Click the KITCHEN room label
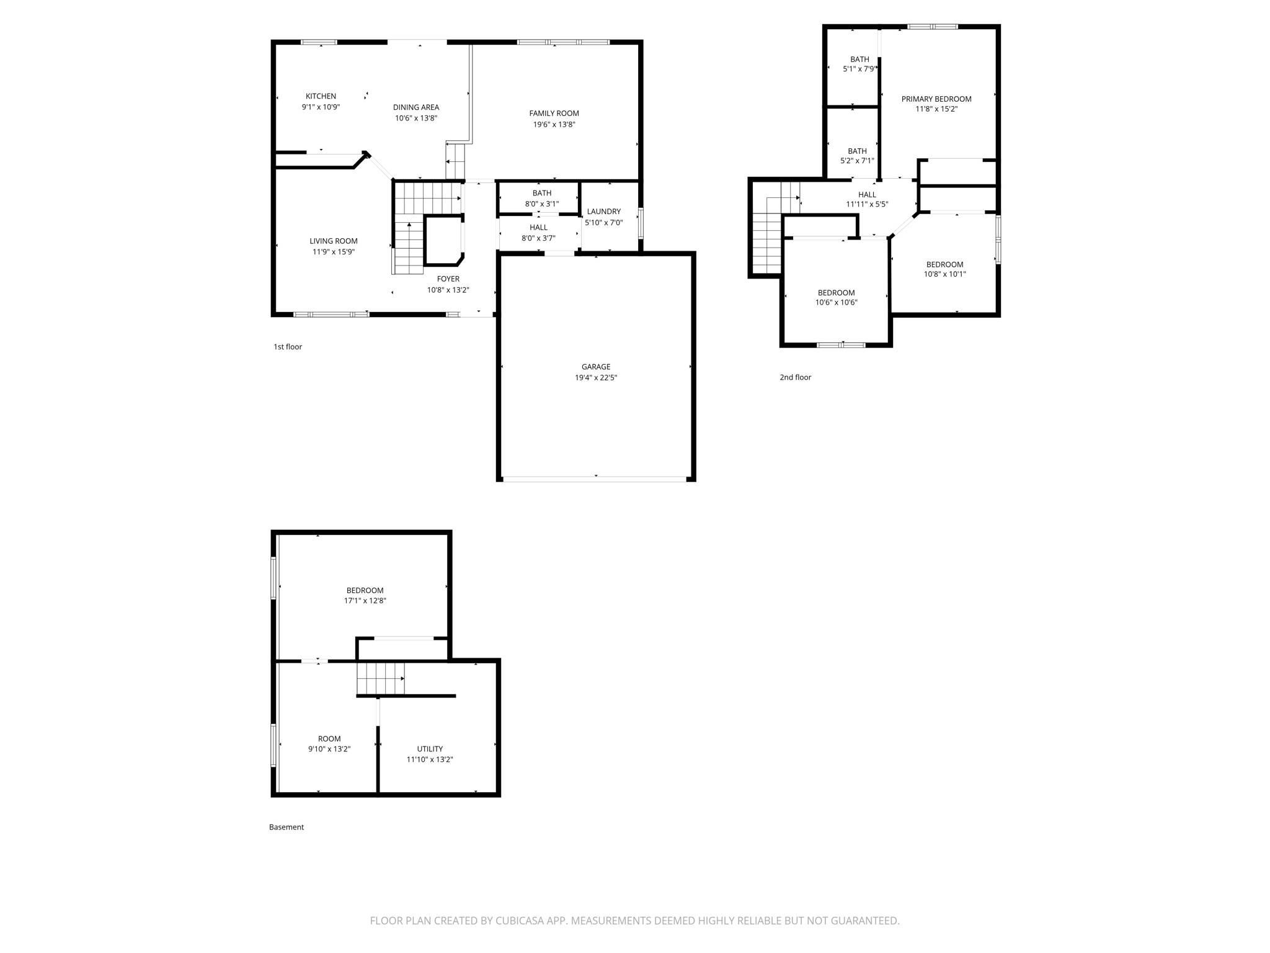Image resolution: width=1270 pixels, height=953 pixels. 321,96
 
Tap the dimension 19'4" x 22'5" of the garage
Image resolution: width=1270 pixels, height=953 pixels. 595,377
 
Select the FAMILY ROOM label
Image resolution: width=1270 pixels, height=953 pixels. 554,114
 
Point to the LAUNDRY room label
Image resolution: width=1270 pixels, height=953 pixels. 603,212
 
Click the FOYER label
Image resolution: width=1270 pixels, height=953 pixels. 448,279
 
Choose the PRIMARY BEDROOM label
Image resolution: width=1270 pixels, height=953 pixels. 936,99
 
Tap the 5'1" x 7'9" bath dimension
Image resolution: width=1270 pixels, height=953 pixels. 859,69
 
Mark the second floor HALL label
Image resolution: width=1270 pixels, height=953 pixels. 867,195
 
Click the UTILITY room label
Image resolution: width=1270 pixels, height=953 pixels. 430,749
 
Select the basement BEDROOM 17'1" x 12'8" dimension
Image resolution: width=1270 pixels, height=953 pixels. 365,601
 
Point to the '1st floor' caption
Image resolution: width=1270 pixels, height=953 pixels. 288,347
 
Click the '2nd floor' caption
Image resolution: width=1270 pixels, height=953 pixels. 795,377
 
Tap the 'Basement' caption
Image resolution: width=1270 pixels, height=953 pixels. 286,827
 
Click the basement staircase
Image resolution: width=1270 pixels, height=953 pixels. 380,678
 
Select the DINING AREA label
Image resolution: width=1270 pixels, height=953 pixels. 415,107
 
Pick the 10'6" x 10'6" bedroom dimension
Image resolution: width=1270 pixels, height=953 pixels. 836,303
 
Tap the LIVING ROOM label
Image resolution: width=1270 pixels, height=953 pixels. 334,241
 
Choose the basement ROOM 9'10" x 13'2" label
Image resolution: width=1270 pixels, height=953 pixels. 329,739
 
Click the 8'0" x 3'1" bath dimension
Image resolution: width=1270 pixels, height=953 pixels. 541,204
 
